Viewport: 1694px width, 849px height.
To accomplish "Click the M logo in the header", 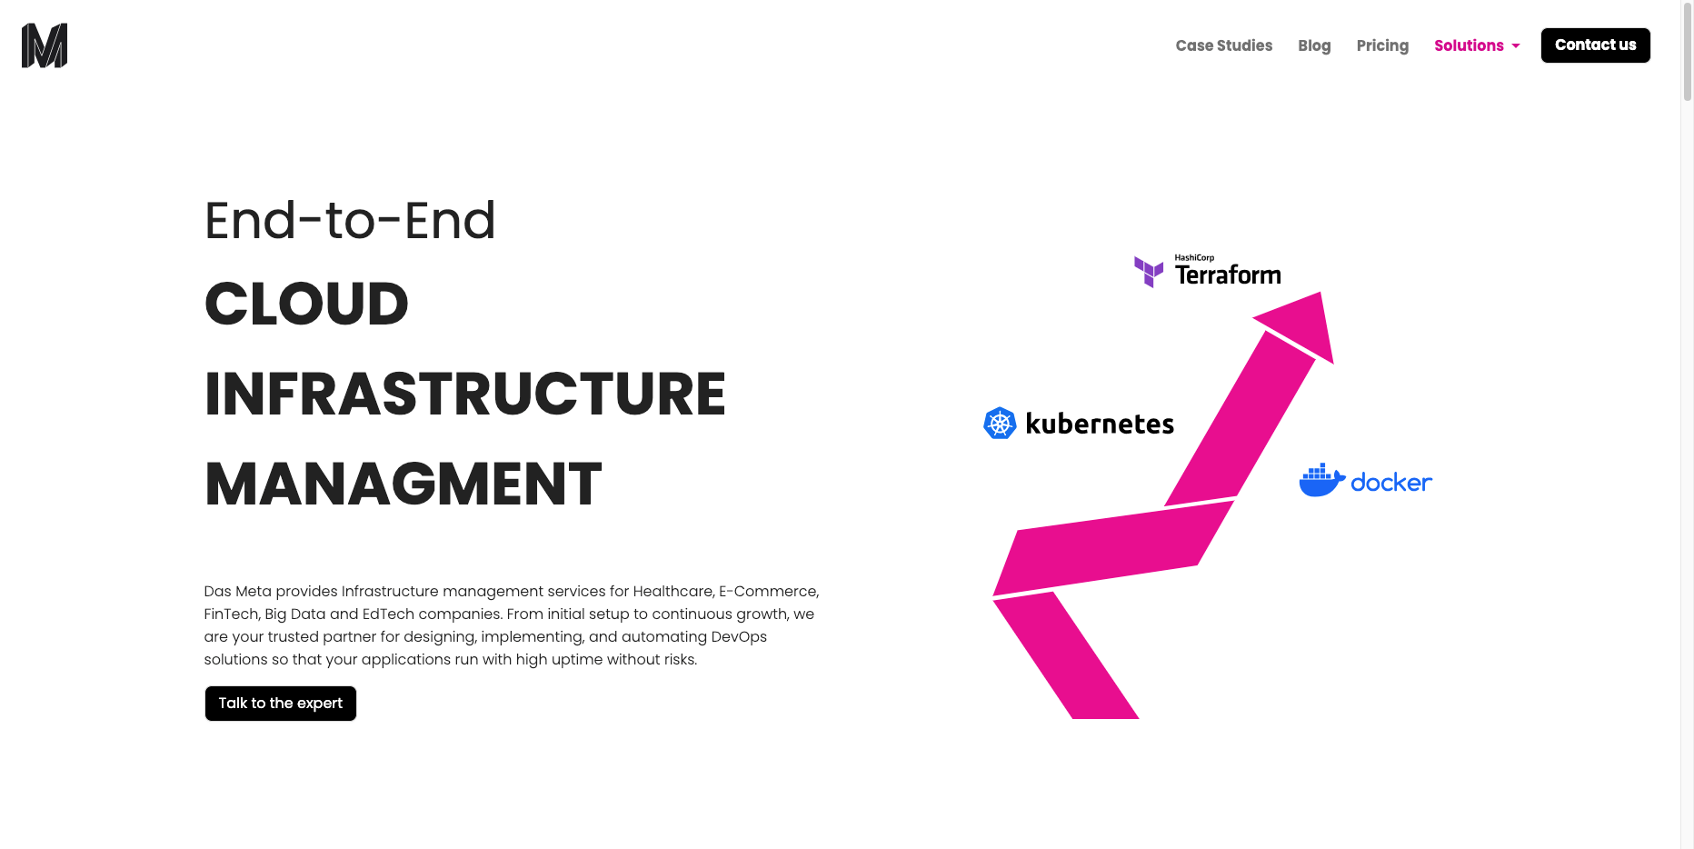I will point(45,45).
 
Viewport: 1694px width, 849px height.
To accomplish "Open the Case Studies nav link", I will point(1223,45).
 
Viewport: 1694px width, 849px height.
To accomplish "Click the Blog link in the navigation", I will point(1314,45).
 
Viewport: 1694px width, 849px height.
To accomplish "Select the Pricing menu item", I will point(1382,45).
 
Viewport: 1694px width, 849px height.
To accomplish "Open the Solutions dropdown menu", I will point(1469,45).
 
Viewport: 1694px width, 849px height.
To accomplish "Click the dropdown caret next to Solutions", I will point(1516,46).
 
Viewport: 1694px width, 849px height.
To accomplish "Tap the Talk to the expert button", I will point(281,704).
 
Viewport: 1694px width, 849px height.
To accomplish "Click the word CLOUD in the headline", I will point(307,304).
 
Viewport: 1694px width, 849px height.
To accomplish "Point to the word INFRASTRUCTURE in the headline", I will point(465,394).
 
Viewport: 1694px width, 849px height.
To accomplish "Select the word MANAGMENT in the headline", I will point(404,484).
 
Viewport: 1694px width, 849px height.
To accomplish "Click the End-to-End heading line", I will point(350,221).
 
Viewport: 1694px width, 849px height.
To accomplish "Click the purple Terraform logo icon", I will point(1149,271).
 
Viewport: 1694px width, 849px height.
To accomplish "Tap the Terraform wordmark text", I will point(1228,275).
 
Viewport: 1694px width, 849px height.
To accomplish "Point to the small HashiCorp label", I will point(1194,258).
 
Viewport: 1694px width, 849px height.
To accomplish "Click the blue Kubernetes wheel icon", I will point(1000,423).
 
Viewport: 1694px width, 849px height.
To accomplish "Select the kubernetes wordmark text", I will point(1100,424).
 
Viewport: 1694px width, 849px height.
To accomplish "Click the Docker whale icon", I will point(1321,480).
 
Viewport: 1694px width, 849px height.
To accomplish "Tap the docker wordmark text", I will point(1391,483).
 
